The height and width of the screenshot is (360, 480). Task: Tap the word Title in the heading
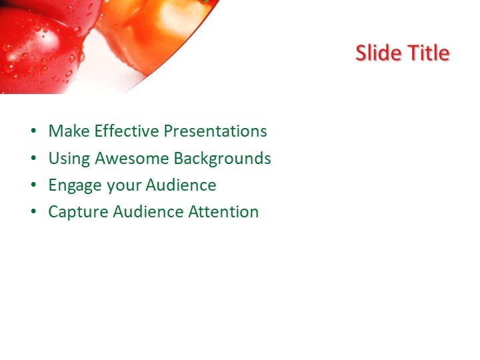point(427,53)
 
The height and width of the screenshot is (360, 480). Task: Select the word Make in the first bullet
point(69,131)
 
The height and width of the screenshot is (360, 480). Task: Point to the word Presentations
point(215,131)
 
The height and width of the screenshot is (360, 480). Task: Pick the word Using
point(69,159)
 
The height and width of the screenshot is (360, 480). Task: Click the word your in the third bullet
point(124,186)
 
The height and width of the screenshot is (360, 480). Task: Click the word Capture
point(78,213)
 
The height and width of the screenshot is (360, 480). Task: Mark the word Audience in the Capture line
point(148,212)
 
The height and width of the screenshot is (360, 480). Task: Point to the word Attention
point(223,212)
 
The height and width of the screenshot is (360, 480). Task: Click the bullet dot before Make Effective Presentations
point(33,132)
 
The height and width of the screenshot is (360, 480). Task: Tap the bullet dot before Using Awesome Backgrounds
point(33,159)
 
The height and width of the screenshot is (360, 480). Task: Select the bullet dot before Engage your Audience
point(33,186)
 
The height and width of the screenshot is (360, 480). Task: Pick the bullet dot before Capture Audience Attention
point(33,213)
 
